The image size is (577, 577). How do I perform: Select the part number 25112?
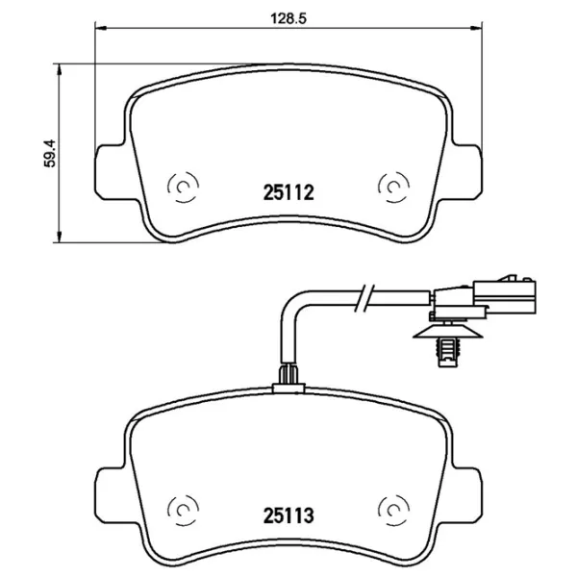click(x=289, y=193)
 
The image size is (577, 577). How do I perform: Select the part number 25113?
click(x=289, y=515)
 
